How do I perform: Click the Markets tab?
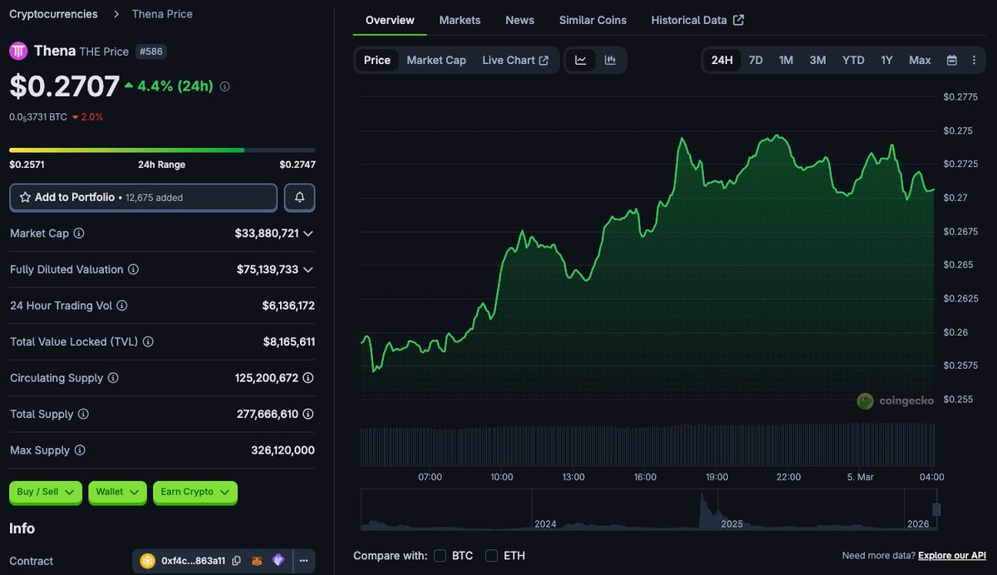459,20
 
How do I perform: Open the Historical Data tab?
697,20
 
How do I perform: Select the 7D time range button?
755,60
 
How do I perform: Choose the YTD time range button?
853,60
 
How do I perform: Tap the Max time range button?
920,60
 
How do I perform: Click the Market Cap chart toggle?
436,60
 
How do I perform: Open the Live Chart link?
515,60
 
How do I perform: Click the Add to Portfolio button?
143,198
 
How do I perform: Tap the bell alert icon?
299,198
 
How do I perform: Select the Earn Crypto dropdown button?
195,492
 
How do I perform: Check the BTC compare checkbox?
440,555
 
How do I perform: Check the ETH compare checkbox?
492,555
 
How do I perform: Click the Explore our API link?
952,555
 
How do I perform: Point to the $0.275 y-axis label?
958,130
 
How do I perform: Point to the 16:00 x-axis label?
645,477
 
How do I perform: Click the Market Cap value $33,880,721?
267,233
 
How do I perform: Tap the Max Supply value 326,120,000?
282,450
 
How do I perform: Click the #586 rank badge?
150,52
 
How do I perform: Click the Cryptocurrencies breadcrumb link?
53,14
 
